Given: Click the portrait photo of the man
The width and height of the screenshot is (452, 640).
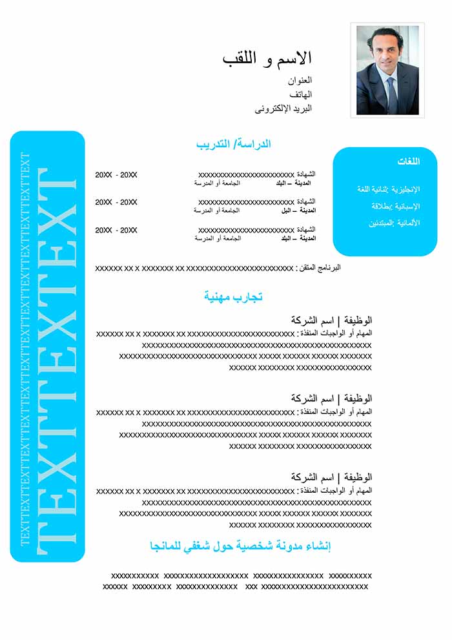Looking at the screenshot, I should [x=388, y=70].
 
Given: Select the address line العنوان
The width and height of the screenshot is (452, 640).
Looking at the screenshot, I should [x=300, y=81].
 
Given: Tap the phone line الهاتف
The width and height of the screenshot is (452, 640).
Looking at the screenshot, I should [x=301, y=94].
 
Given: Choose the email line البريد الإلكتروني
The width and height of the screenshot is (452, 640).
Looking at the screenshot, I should [x=283, y=108].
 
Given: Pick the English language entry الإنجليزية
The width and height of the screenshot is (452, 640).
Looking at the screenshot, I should [x=406, y=189].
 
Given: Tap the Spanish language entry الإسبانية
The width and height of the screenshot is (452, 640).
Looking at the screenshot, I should [x=407, y=206].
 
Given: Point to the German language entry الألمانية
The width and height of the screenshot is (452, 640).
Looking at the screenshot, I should [x=407, y=223].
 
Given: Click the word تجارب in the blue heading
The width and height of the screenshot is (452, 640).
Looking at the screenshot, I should [x=249, y=297].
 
